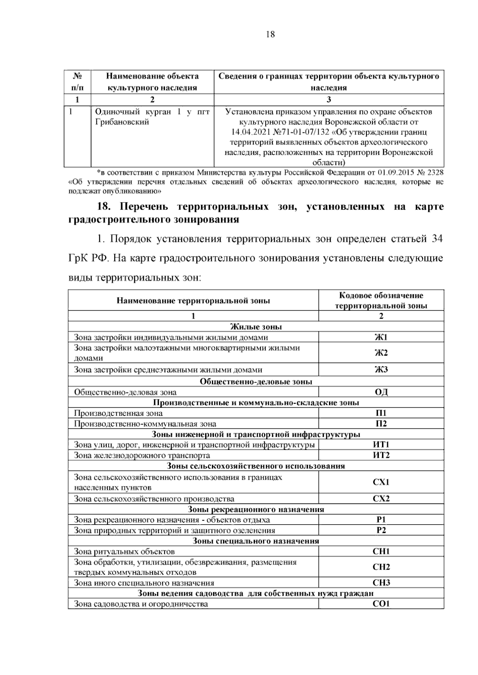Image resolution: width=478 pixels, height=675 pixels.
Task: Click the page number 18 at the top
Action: [x=270, y=34]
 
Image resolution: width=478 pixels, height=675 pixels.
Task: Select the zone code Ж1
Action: [x=381, y=337]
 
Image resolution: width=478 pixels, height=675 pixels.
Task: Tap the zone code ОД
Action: [x=381, y=392]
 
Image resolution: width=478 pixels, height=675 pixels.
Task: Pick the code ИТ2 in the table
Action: [x=381, y=455]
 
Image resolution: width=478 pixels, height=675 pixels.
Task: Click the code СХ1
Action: [x=381, y=482]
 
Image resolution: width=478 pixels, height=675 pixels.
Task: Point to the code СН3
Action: [x=381, y=583]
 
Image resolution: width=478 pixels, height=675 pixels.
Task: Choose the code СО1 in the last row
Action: [x=381, y=604]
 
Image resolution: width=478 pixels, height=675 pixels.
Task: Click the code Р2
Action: [x=381, y=530]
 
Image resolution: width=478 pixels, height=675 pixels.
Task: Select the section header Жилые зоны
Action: [x=256, y=327]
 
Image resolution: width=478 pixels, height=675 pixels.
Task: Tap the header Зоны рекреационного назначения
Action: [x=256, y=509]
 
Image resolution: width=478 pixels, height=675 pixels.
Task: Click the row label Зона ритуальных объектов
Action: [x=124, y=551]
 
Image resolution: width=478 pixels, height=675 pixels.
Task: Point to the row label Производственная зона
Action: [x=118, y=413]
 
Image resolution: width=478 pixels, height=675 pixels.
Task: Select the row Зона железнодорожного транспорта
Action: [x=142, y=455]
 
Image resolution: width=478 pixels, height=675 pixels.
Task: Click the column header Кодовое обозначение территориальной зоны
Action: [x=381, y=300]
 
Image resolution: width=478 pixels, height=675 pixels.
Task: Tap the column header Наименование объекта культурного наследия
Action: [x=152, y=82]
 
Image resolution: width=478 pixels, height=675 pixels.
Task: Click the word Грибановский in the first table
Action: [x=122, y=122]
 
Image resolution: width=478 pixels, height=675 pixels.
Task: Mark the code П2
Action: [x=381, y=424]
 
